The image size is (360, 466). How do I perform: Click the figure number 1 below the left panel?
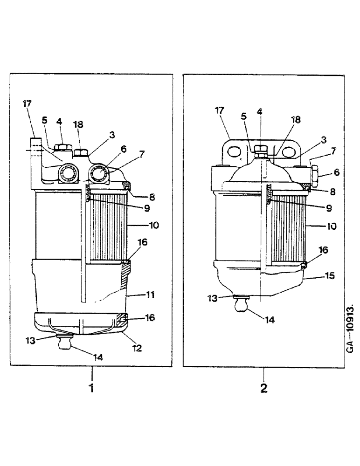[92, 388]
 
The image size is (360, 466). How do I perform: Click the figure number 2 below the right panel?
[264, 388]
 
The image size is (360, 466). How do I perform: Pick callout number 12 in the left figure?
[137, 347]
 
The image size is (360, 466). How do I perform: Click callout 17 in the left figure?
[27, 104]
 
